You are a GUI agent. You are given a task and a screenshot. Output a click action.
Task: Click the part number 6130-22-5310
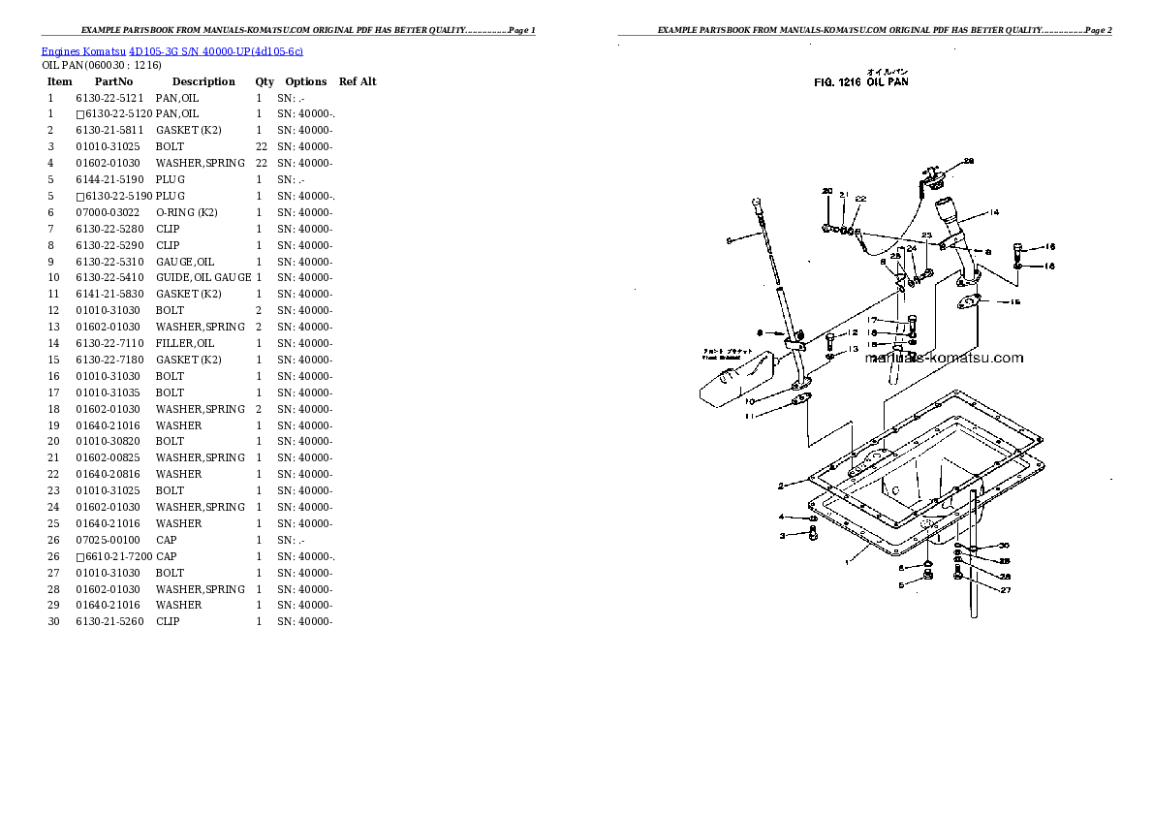(109, 262)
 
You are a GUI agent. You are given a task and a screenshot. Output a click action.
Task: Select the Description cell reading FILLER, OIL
(185, 343)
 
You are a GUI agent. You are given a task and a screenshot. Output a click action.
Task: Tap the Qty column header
(265, 81)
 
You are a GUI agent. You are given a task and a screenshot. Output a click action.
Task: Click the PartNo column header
(112, 81)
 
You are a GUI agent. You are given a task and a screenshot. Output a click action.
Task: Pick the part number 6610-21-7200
(117, 556)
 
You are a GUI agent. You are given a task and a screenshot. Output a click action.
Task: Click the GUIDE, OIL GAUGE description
(203, 278)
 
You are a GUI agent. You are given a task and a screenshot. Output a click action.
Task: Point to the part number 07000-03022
(109, 212)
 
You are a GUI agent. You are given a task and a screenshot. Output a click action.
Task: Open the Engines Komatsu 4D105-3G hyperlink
(172, 50)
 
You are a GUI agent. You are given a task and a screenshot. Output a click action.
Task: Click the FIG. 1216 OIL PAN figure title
(860, 82)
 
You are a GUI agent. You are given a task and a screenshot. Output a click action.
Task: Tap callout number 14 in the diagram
(994, 212)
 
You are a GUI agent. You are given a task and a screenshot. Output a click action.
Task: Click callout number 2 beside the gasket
(780, 486)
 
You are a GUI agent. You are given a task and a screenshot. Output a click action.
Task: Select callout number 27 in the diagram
(1005, 590)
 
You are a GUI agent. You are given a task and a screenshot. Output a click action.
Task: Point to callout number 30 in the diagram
(1004, 546)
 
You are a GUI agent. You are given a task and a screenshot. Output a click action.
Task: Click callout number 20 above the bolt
(826, 191)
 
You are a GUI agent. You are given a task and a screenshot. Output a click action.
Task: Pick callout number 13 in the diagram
(853, 349)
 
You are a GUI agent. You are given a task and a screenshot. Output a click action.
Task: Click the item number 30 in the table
(53, 621)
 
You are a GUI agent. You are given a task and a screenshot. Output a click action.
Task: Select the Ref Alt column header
(358, 81)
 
